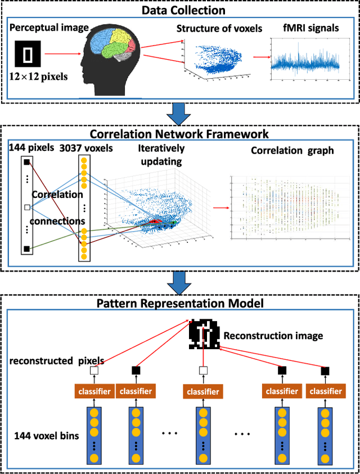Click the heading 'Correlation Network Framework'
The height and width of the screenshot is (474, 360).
179,134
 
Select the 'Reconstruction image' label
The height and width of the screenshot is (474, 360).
273,336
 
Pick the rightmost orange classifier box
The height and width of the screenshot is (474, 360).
325,390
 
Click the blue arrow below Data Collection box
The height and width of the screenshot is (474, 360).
179,114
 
